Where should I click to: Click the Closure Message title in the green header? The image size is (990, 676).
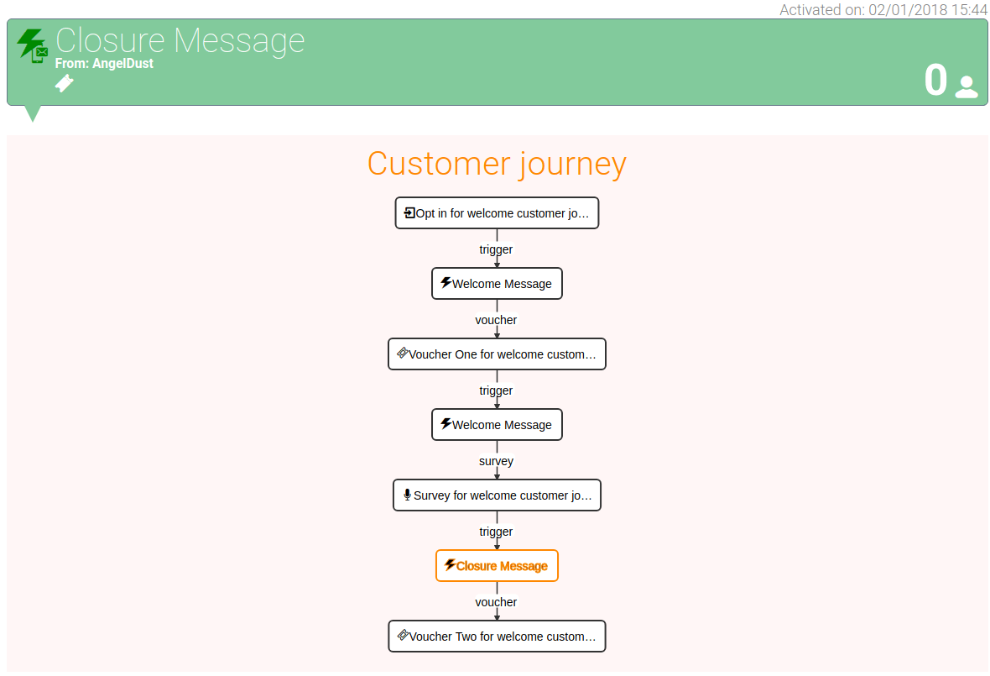coord(180,40)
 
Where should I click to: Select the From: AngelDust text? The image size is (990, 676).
coord(104,63)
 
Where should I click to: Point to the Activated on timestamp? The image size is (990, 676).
coord(883,9)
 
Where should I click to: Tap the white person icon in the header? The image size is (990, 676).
coord(966,87)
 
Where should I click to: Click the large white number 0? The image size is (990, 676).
coord(935,81)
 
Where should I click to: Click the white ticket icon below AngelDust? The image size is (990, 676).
coord(64,83)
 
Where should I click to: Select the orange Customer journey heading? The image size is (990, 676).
coord(497,164)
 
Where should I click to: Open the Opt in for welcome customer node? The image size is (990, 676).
coord(497,213)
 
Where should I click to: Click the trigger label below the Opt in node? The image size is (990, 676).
coord(496,249)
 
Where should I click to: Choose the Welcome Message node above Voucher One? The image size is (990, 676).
coord(497,284)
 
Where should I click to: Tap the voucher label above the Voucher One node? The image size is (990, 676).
coord(496,320)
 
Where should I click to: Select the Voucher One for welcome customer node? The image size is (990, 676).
coord(497,354)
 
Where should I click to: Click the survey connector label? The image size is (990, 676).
coord(496,461)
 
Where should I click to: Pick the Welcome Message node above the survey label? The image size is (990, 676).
coord(497,425)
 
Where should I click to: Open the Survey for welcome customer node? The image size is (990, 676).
coord(497,495)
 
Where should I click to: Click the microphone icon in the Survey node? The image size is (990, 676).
coord(407,495)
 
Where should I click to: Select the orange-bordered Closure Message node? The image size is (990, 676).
coord(497,566)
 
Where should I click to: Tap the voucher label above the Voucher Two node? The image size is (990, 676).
coord(496,602)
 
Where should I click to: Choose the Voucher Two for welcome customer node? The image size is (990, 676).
coord(497,637)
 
